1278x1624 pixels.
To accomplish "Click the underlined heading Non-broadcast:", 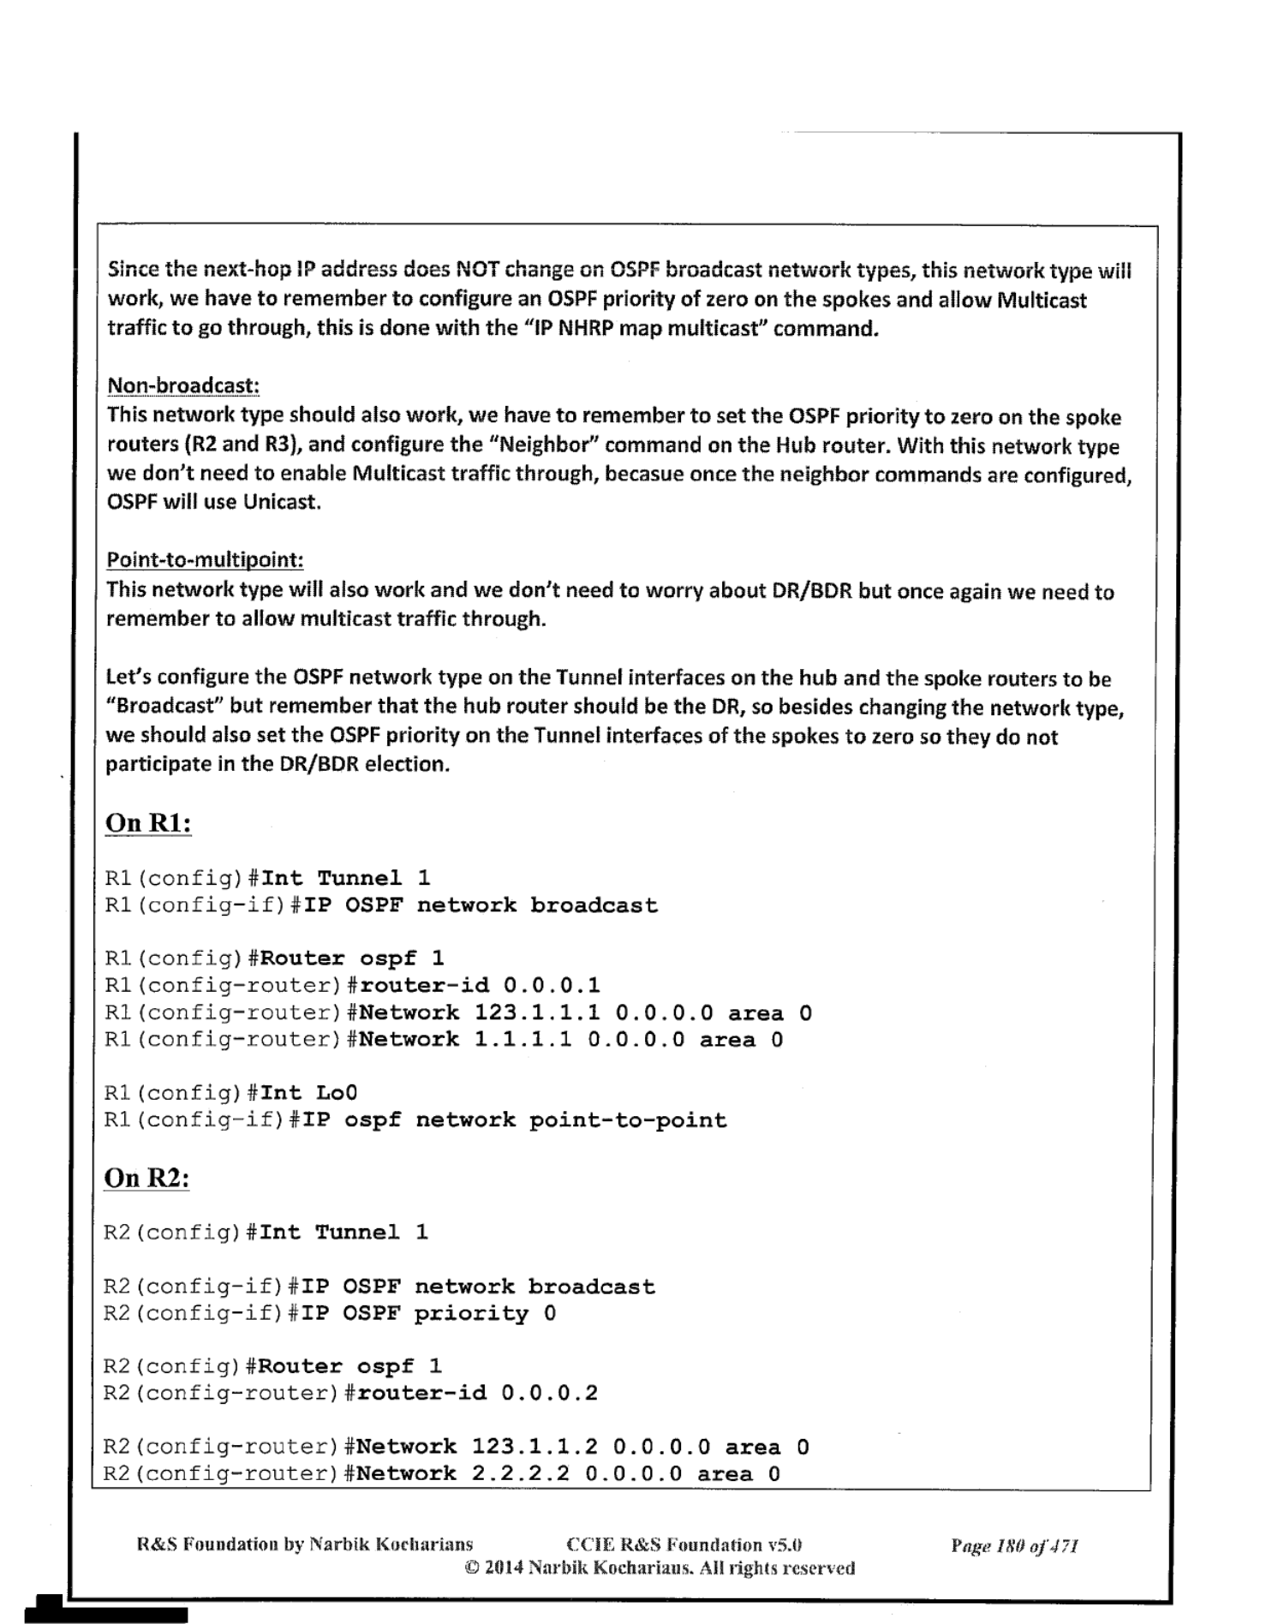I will [x=182, y=385].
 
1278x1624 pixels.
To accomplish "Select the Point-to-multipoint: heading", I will [x=205, y=560].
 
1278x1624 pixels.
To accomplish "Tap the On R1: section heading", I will [x=147, y=823].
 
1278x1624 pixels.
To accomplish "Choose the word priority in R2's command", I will [x=471, y=1313].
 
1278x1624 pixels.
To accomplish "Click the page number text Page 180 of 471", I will [x=1014, y=1546].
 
